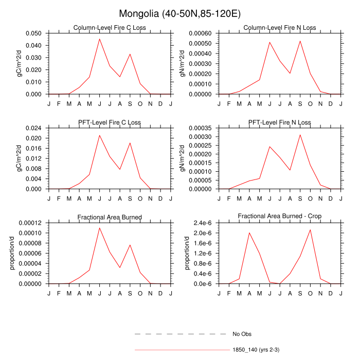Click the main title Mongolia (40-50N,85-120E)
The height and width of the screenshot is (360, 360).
[179, 13]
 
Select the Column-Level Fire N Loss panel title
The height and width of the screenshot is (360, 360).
[280, 27]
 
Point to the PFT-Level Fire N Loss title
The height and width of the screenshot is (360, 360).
[280, 122]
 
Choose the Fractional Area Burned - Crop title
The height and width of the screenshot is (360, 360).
[280, 217]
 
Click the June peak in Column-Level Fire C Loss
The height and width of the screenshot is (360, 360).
[100, 39]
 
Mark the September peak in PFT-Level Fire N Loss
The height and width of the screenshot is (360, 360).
[300, 135]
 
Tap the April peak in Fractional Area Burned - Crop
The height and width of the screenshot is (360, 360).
[249, 233]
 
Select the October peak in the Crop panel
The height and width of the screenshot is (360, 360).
[310, 230]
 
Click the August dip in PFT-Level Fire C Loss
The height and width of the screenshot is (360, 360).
[120, 169]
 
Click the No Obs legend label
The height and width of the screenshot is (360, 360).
[242, 334]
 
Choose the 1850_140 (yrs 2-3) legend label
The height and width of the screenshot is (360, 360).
[256, 350]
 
